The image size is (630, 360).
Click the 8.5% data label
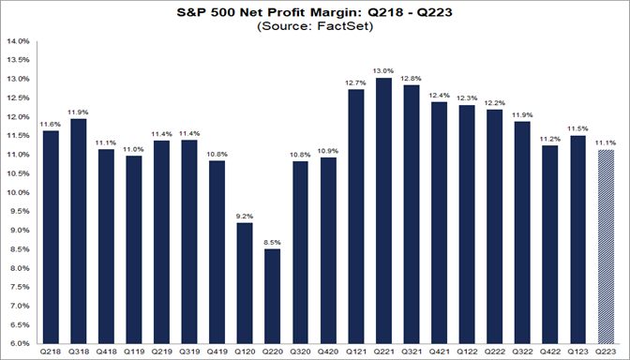(271, 242)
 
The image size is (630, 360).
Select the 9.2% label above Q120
(244, 215)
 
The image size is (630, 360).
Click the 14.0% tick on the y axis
(19, 41)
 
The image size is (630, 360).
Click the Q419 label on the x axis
(217, 353)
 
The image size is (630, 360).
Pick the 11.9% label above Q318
(79, 112)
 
